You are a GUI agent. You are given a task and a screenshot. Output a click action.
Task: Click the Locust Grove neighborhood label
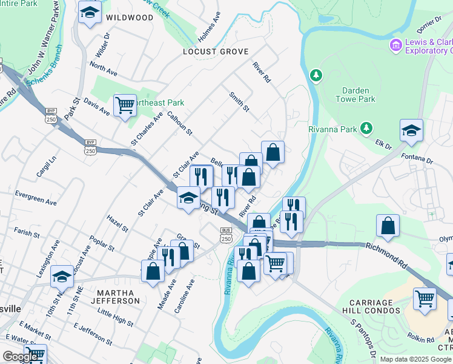[216, 52]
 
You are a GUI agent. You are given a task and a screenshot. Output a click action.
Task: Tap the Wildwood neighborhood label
[130, 18]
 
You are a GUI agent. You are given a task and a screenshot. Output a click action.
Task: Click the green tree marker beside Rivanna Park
[366, 128]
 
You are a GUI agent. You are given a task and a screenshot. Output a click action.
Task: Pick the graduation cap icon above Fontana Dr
[411, 130]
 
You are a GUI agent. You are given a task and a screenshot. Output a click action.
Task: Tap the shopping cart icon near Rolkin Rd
[425, 298]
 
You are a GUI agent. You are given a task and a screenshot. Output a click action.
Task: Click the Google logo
[21, 357]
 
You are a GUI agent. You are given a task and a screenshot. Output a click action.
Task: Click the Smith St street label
[239, 101]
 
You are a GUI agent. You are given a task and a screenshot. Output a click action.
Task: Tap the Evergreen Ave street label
[36, 198]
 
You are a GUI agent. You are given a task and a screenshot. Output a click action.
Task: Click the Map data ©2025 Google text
[415, 359]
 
